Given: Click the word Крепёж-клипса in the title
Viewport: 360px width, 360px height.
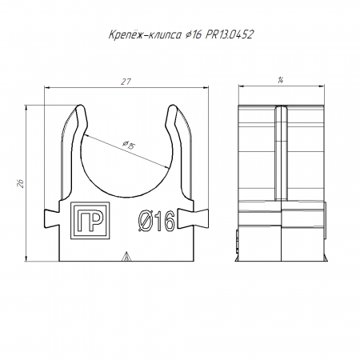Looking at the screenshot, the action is point(145,35).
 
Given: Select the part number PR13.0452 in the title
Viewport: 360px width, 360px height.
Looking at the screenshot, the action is point(229,34).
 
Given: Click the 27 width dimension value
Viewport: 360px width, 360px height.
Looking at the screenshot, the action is point(126,82).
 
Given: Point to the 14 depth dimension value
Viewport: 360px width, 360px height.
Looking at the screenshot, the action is point(280,80).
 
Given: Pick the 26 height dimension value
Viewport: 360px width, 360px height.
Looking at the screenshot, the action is point(21,183).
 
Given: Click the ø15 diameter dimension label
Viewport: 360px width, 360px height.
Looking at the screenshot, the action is point(129,145).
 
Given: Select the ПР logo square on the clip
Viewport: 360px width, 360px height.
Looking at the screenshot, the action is point(90,221).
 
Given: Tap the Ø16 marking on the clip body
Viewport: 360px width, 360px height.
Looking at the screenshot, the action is point(157,221).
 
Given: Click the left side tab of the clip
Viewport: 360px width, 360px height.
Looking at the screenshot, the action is point(52,218).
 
